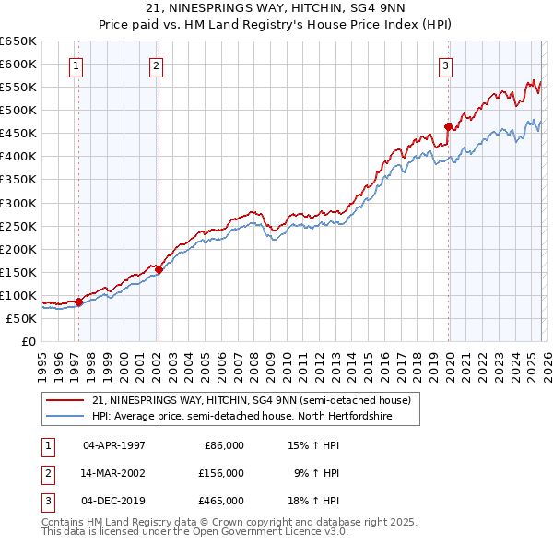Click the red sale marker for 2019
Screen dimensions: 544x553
(x=448, y=126)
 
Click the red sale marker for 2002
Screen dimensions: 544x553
(x=159, y=269)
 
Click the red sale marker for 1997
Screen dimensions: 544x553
(x=78, y=302)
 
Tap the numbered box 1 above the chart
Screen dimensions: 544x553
(x=75, y=65)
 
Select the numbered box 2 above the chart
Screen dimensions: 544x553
(x=157, y=65)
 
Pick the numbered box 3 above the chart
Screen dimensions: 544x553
(x=445, y=65)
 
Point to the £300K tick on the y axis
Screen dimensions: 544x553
(x=18, y=203)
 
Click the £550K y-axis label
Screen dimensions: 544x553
(x=18, y=88)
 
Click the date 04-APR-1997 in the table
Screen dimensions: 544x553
(x=113, y=444)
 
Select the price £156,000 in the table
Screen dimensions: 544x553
(x=221, y=472)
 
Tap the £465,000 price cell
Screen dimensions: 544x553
(x=221, y=500)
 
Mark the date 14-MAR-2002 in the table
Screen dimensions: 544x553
(x=113, y=472)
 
